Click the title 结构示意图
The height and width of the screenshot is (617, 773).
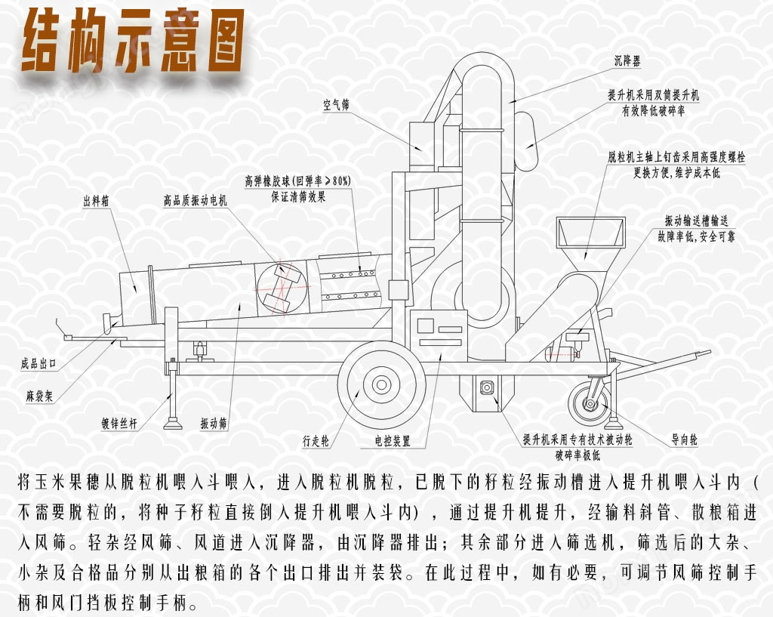coord(133,42)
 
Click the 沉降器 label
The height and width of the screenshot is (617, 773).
coord(627,60)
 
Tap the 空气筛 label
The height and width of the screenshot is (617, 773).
coord(336,104)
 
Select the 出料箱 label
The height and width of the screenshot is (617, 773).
coord(96,201)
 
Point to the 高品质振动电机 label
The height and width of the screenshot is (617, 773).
coord(196,200)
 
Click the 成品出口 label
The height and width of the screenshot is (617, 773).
coord(38,364)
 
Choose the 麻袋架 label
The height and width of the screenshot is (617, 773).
coord(39,395)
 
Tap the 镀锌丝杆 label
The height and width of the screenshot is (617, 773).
coord(119,423)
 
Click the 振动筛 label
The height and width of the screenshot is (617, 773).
coord(214,423)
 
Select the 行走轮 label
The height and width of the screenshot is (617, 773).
coord(316,440)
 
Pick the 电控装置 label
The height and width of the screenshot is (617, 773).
coord(393,440)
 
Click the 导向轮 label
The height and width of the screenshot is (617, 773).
coord(684,440)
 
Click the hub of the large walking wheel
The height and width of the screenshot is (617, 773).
coord(381,384)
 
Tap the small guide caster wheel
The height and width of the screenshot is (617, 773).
coord(590,404)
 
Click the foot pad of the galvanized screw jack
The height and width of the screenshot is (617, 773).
coord(173,423)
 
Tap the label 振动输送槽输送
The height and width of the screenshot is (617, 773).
coord(696,221)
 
